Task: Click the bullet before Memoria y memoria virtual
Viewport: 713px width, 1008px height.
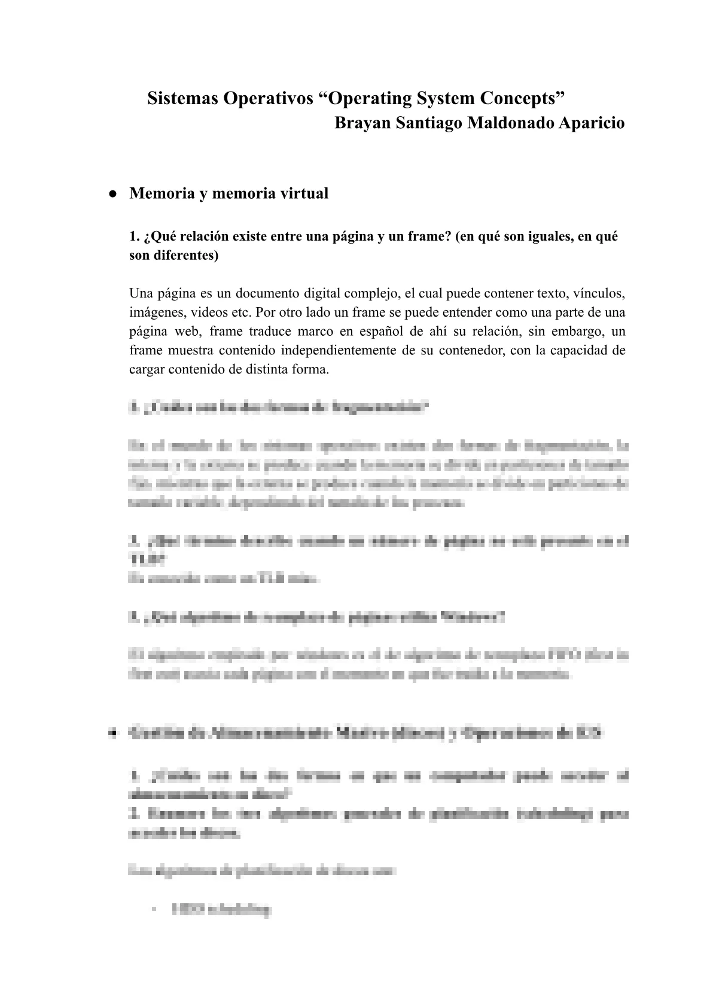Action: pos(112,194)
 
